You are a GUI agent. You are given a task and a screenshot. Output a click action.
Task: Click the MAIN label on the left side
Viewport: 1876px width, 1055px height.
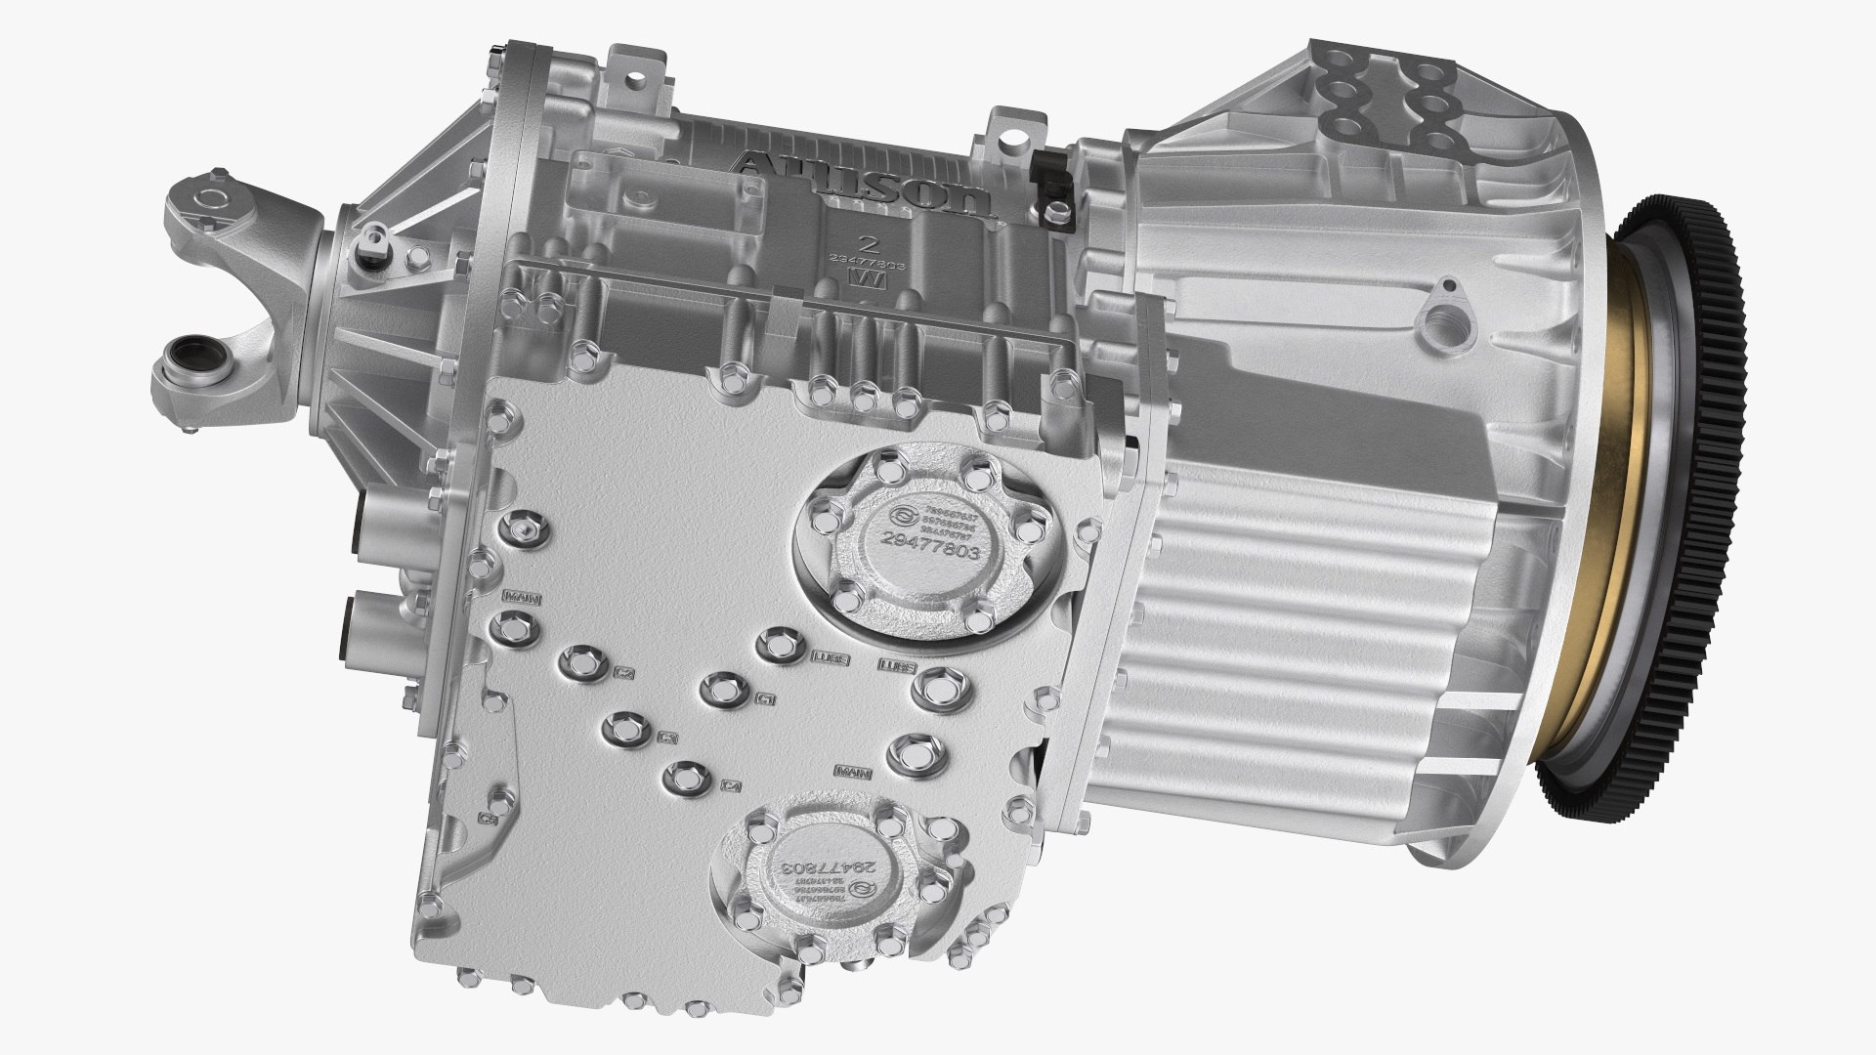[x=517, y=595]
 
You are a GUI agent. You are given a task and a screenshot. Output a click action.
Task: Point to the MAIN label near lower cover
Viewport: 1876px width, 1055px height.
[x=853, y=771]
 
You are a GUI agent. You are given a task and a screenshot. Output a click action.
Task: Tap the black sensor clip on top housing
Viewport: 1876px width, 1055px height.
[x=1051, y=186]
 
